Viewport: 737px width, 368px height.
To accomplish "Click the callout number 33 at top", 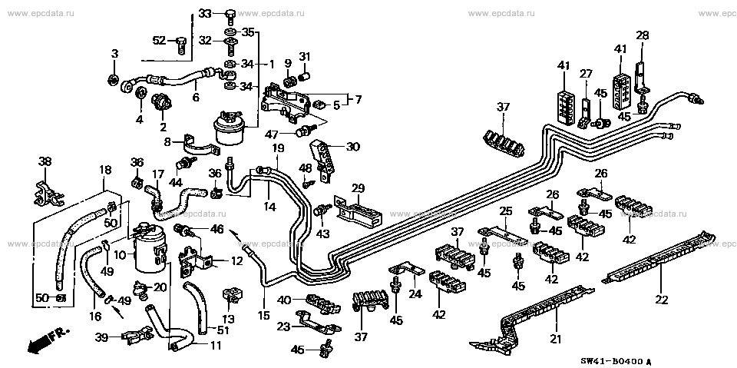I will click(x=204, y=13).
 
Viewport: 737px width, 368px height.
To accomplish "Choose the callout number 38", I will click(x=45, y=162).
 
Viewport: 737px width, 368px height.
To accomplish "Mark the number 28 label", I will click(x=642, y=35).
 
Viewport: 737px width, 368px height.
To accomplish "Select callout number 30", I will click(x=352, y=147).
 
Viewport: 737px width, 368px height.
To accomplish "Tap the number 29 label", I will click(x=357, y=188).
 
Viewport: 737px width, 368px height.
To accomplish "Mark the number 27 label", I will click(x=586, y=74).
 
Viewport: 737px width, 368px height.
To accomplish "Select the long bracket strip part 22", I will click(x=653, y=261).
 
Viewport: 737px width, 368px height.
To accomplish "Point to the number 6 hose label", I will click(x=196, y=98).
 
